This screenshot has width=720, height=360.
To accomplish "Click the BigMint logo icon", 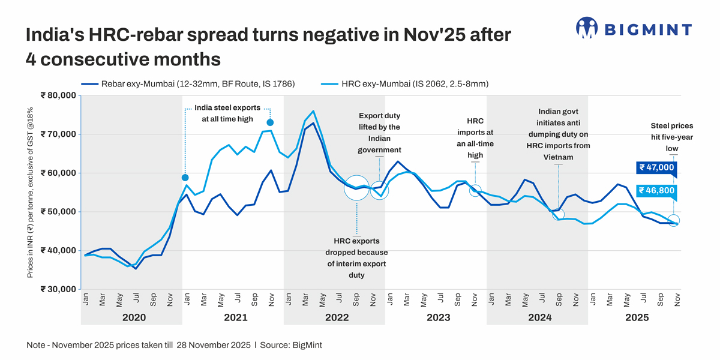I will coord(587,28).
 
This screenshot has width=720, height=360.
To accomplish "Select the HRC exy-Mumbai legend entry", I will coord(414,84).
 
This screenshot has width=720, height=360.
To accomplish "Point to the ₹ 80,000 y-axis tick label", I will coord(58,95).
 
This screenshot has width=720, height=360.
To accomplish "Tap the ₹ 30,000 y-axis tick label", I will coord(58,289).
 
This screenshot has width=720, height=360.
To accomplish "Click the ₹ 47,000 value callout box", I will coord(656,168).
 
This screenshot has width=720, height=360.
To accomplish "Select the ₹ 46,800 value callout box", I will coord(656,191).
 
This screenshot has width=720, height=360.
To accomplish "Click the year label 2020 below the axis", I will coord(133,317).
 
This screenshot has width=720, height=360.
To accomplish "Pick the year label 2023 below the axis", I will coord(438,317).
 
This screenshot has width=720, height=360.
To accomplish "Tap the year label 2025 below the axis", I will coord(637,317).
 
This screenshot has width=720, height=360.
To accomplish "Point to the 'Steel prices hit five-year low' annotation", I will coord(671,137).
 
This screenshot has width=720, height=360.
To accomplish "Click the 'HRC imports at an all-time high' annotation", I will coord(475,138).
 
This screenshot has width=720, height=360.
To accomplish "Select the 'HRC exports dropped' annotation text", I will coord(356,258).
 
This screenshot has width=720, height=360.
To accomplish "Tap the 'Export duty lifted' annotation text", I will coord(379,133).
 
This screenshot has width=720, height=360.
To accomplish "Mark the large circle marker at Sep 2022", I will coord(356,188).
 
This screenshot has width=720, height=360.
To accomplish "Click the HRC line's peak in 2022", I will coord(313,112).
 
